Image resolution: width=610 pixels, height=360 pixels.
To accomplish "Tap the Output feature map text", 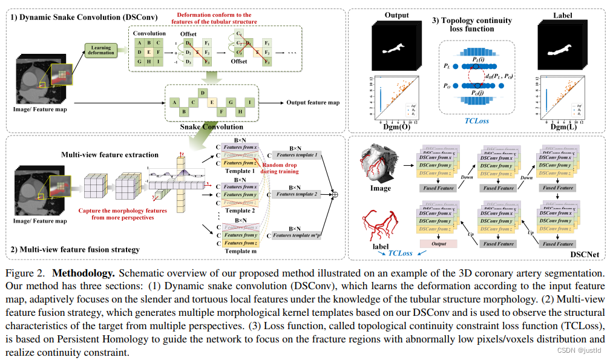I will pyautogui.click(x=313, y=103).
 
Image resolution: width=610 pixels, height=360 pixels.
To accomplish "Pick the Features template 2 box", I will pyautogui.click(x=295, y=194).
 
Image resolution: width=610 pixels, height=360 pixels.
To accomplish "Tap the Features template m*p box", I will pyautogui.click(x=295, y=235).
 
